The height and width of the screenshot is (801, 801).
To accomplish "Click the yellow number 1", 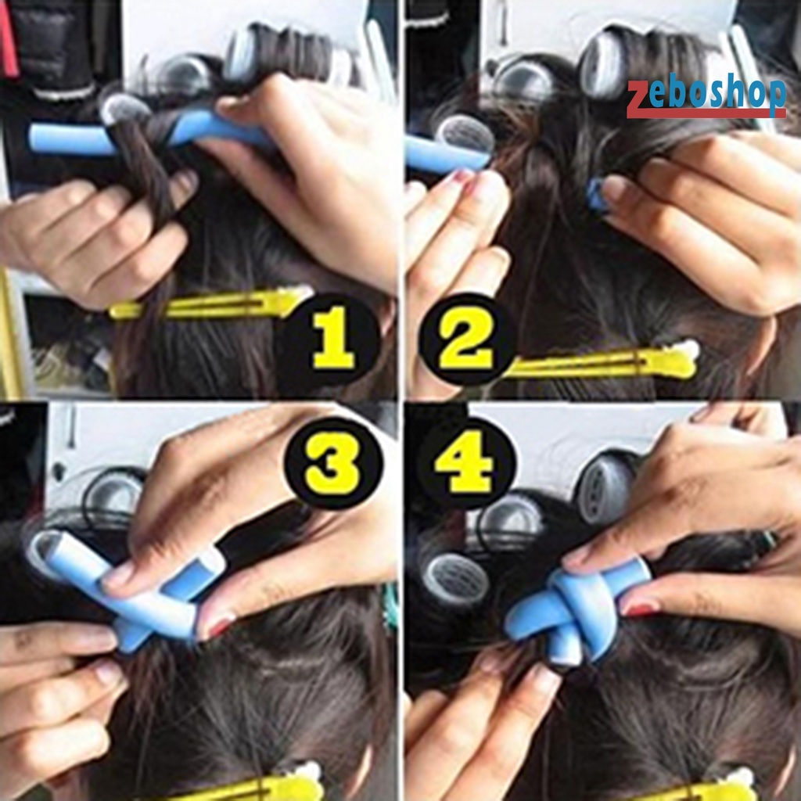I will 335,339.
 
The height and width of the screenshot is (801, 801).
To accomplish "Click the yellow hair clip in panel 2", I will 602,363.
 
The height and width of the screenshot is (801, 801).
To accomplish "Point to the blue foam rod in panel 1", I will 70,138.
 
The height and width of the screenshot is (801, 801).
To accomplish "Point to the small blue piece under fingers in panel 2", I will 598,196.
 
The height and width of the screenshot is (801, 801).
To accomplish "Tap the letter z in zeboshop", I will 638,98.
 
